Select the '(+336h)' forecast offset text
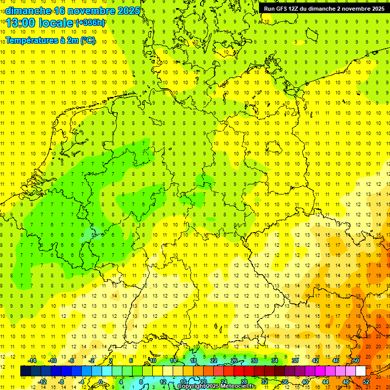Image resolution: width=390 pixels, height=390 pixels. (x=90, y=22)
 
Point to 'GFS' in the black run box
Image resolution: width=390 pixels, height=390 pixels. (x=283, y=9)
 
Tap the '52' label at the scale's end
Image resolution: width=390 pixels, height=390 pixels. (x=366, y=382)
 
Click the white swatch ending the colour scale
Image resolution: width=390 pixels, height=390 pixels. (x=361, y=371)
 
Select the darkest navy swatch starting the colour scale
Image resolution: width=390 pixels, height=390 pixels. (x=25, y=371)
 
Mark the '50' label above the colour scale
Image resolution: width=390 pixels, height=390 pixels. (x=356, y=361)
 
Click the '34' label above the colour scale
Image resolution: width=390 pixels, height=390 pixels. (x=275, y=361)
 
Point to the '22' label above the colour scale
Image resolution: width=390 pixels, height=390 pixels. (x=214, y=361)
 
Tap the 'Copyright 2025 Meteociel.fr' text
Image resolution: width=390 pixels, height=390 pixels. (x=217, y=386)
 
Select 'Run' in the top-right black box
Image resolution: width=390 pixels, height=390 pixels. (x=270, y=9)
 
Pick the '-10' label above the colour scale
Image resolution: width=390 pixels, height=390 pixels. (x=52, y=361)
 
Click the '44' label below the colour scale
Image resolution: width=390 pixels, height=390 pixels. (x=326, y=382)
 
